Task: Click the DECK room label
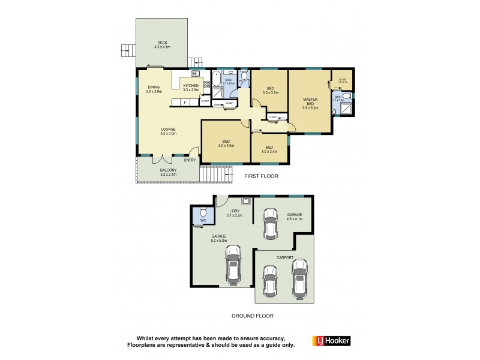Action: pyautogui.click(x=162, y=43)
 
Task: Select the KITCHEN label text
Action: pyautogui.click(x=190, y=86)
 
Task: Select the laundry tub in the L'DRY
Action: pyautogui.click(x=245, y=202)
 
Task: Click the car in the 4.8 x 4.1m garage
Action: pyautogui.click(x=271, y=224)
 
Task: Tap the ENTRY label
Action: pyautogui.click(x=190, y=160)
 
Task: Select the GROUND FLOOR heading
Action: pyautogui.click(x=253, y=315)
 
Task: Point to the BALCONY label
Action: pyautogui.click(x=168, y=170)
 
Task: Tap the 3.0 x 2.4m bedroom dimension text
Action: pyautogui.click(x=269, y=151)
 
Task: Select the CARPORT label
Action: pyautogui.click(x=285, y=257)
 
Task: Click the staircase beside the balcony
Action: pyautogui.click(x=215, y=174)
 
